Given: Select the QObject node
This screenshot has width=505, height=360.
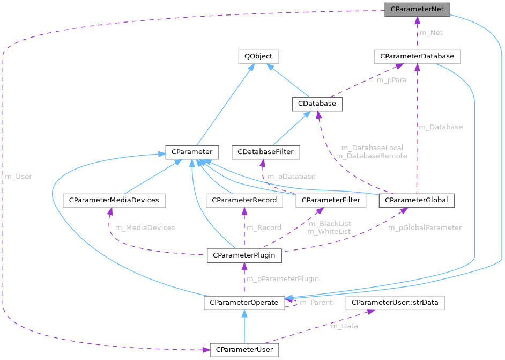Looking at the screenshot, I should click(x=258, y=56).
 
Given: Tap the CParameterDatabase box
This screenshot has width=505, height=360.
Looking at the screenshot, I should click(x=417, y=56).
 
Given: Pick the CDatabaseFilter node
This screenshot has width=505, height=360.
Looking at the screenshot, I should click(x=266, y=152).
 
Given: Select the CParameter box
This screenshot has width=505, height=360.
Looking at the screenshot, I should click(x=191, y=152).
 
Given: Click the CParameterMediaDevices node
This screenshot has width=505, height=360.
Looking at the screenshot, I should click(x=114, y=200).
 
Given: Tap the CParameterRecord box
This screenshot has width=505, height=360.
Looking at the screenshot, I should click(x=244, y=200).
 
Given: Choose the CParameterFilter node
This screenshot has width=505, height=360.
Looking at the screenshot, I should click(x=331, y=200).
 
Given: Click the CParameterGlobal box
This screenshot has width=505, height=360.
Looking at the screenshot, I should click(x=417, y=200).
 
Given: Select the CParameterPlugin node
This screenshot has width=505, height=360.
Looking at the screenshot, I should click(x=244, y=255).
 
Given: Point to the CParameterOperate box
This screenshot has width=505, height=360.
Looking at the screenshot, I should click(x=244, y=303).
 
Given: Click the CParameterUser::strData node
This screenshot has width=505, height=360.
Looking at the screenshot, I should click(x=395, y=303).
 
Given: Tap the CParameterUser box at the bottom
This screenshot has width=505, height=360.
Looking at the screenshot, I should click(x=244, y=350).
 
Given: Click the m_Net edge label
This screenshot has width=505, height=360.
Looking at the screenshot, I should click(x=431, y=33).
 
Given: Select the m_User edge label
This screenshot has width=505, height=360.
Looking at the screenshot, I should click(x=18, y=177).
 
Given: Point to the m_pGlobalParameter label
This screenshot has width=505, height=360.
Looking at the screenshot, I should click(x=425, y=227).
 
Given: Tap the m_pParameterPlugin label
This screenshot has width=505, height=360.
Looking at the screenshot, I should click(x=283, y=279).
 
